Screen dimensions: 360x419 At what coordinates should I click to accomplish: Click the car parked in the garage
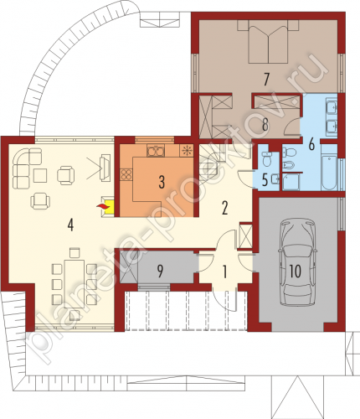(x=297, y=262)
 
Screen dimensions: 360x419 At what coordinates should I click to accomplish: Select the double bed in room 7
(x=268, y=43)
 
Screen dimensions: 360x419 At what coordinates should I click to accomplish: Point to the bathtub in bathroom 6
(x=330, y=168)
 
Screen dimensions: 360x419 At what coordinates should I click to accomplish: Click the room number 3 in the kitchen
(x=162, y=182)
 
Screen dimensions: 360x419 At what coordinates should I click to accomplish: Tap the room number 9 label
(x=160, y=271)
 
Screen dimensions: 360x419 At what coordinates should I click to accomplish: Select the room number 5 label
(x=265, y=180)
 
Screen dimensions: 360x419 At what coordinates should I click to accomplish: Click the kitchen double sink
(x=156, y=151)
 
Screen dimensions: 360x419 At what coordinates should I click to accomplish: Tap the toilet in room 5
(x=268, y=158)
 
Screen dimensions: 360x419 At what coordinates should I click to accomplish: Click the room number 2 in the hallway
(x=224, y=208)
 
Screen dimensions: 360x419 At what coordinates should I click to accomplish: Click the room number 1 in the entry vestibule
(x=225, y=272)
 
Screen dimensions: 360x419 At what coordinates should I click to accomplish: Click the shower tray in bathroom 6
(x=291, y=182)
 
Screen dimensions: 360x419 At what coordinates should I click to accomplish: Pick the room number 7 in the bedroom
(x=266, y=80)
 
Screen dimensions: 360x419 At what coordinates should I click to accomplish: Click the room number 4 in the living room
(x=70, y=225)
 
